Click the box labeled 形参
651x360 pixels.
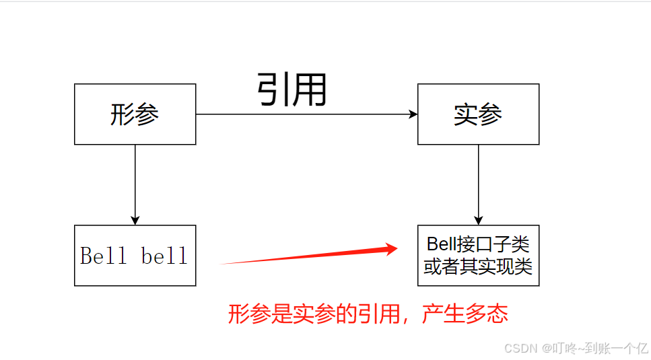[x=135, y=114]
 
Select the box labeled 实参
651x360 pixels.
[x=478, y=114]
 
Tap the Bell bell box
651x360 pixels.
[x=135, y=256]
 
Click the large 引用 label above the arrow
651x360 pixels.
[x=292, y=89]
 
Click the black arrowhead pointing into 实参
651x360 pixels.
[x=413, y=114]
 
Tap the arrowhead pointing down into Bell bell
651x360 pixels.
[x=135, y=220]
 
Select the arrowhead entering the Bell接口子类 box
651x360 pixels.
[x=479, y=220]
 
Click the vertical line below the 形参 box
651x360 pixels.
[x=135, y=178]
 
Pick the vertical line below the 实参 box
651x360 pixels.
[x=479, y=178]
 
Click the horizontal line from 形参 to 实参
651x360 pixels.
[x=303, y=114]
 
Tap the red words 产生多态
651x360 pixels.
[x=465, y=314]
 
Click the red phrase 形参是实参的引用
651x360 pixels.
[x=316, y=314]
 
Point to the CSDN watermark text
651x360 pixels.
[x=518, y=348]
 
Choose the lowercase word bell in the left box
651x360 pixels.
[x=164, y=256]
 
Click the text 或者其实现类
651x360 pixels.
[x=478, y=267]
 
